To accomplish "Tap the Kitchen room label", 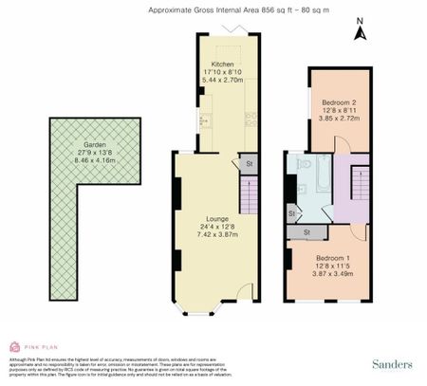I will [221, 64].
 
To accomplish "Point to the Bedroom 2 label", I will [339, 102].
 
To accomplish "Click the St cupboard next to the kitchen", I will [249, 164].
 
